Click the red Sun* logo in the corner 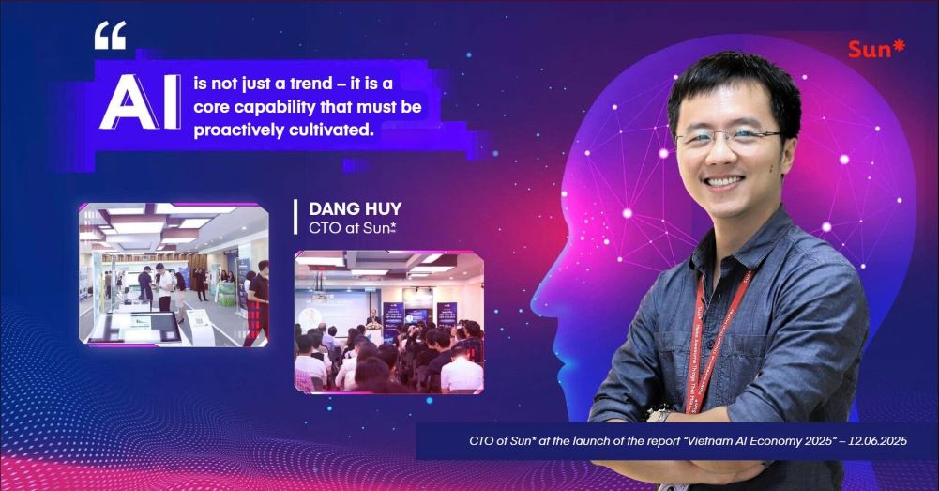[876, 49]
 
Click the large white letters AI [140, 102]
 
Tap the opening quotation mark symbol [110, 36]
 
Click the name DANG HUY [356, 208]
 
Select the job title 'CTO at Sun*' [352, 228]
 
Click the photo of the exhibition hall [174, 274]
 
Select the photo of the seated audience [388, 322]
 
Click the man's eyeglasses [729, 139]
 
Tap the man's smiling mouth [726, 180]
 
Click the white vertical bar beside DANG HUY [295, 217]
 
